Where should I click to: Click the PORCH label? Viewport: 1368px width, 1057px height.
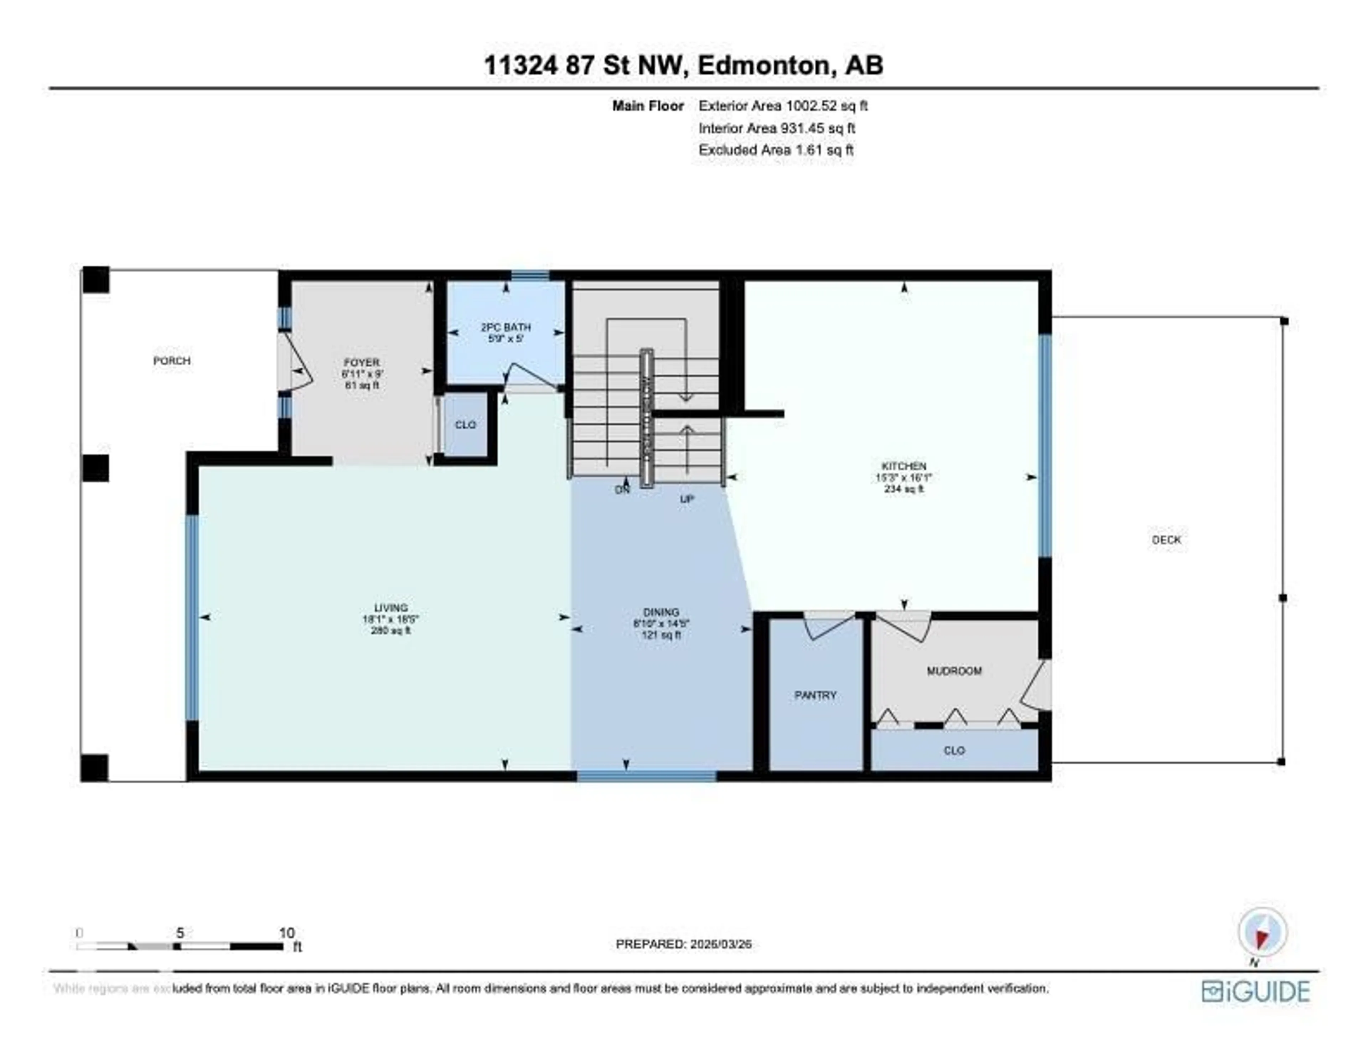point(172,361)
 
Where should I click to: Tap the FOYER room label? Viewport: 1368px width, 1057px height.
point(362,363)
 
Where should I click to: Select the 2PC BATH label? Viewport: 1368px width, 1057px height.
point(506,327)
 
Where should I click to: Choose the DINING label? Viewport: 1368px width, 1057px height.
point(661,612)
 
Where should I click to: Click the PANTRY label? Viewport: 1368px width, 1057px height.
point(815,695)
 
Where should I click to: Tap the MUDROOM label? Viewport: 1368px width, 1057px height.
point(954,671)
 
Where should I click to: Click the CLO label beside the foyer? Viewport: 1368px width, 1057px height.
point(465,425)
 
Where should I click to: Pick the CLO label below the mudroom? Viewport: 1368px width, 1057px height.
point(954,751)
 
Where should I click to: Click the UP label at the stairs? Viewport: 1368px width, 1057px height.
point(687,499)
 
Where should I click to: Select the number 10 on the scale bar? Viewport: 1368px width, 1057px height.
point(286,933)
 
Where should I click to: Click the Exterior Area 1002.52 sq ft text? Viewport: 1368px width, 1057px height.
point(783,106)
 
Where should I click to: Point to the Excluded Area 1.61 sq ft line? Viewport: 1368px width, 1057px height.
point(776,150)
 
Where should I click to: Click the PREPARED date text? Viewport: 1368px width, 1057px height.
point(683,944)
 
